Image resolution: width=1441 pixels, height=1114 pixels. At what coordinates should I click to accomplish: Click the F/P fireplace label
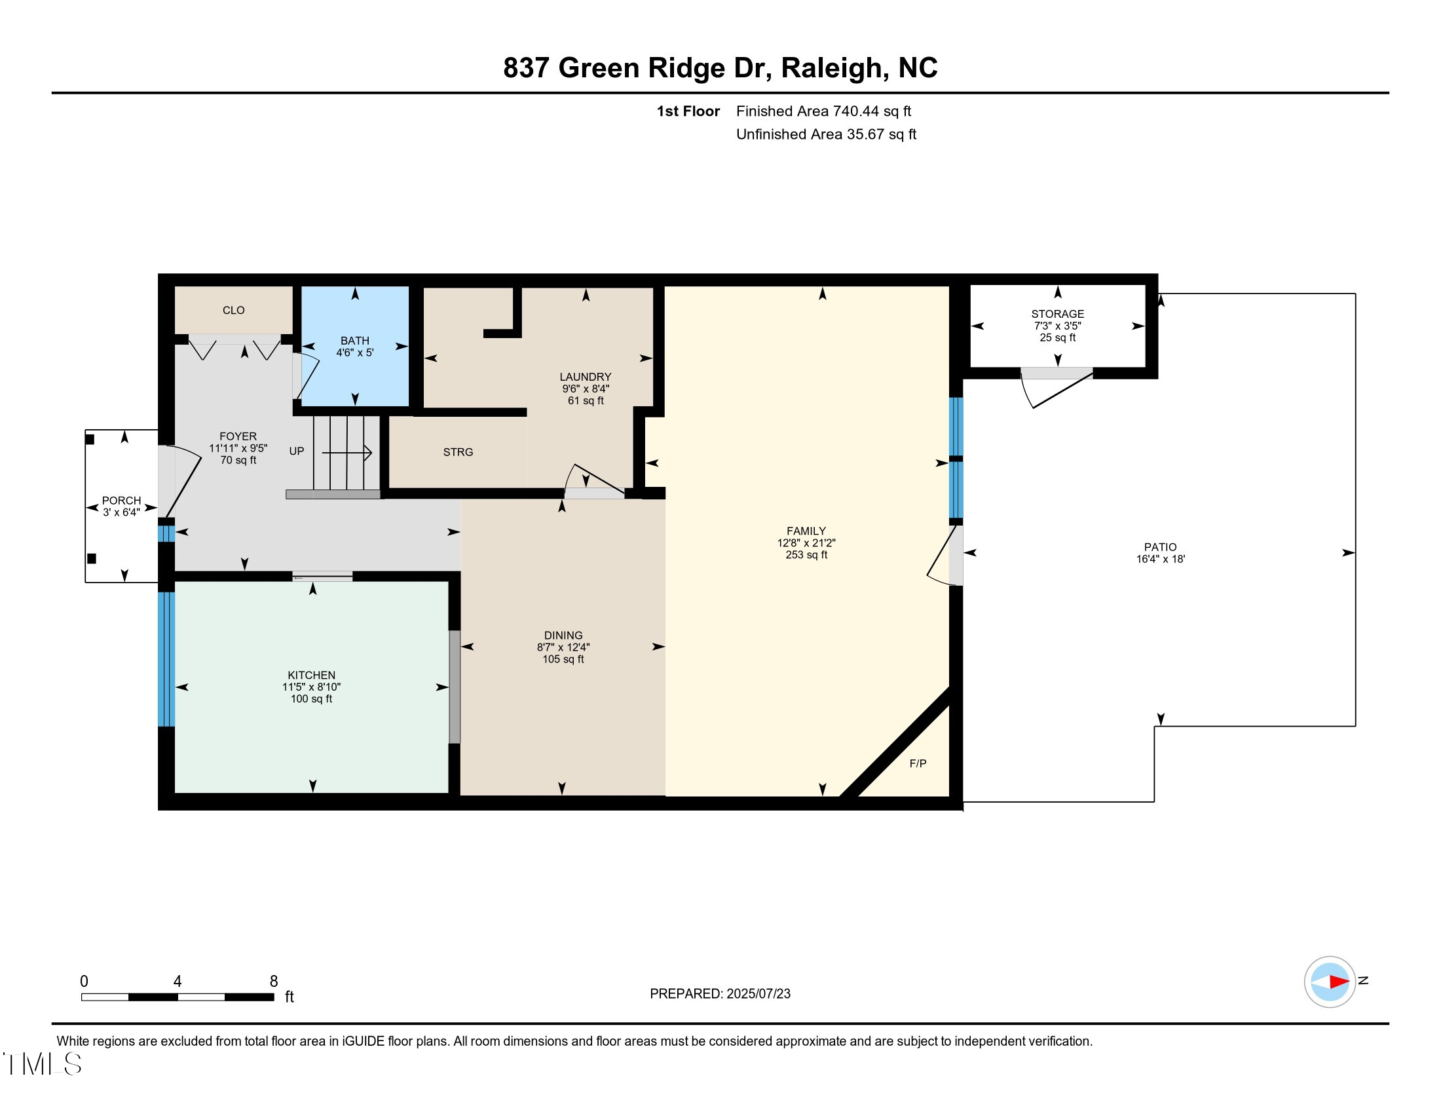pyautogui.click(x=918, y=763)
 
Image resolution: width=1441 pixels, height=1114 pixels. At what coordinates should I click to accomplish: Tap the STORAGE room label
pyautogui.click(x=1057, y=314)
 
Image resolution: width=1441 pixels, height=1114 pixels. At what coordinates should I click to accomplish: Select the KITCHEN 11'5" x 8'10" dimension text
pyautogui.click(x=311, y=687)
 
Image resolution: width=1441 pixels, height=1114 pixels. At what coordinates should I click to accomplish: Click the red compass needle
pyautogui.click(x=1338, y=982)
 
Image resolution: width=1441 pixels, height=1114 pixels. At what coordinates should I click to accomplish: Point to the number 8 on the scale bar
pyautogui.click(x=274, y=982)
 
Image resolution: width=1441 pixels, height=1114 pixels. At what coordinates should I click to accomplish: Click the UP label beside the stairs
pyautogui.click(x=296, y=451)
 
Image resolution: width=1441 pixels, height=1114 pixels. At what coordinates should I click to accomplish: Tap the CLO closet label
pyautogui.click(x=234, y=310)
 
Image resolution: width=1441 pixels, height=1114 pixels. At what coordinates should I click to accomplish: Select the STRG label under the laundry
pyautogui.click(x=458, y=452)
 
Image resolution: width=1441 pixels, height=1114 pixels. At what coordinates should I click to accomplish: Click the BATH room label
pyautogui.click(x=355, y=341)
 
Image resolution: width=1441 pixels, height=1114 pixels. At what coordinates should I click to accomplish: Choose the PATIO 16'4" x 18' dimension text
pyautogui.click(x=1160, y=559)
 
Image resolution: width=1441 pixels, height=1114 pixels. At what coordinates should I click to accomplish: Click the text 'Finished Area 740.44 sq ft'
pyautogui.click(x=823, y=111)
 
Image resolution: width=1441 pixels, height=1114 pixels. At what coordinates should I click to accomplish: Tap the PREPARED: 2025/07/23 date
pyautogui.click(x=720, y=994)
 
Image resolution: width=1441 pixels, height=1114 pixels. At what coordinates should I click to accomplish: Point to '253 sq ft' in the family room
pyautogui.click(x=806, y=555)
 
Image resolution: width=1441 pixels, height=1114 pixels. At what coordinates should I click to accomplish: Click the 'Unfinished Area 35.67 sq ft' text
pyautogui.click(x=826, y=134)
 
